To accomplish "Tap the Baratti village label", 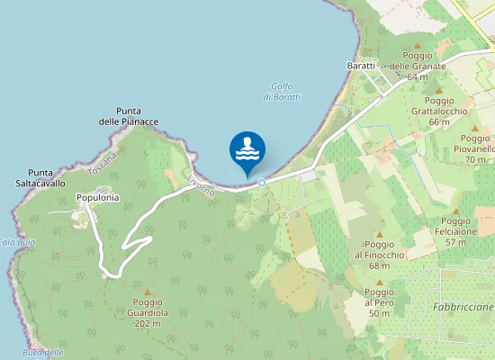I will tap(361, 66).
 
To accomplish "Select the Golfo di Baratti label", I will tap(284, 91).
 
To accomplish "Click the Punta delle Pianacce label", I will tap(129, 116).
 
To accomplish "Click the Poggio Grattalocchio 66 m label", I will tap(439, 111).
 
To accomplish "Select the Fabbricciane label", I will tap(463, 307).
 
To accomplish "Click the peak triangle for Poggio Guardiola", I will tap(148, 292).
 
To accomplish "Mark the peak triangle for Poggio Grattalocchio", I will tap(439, 90).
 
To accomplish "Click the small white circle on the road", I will tap(262, 183).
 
